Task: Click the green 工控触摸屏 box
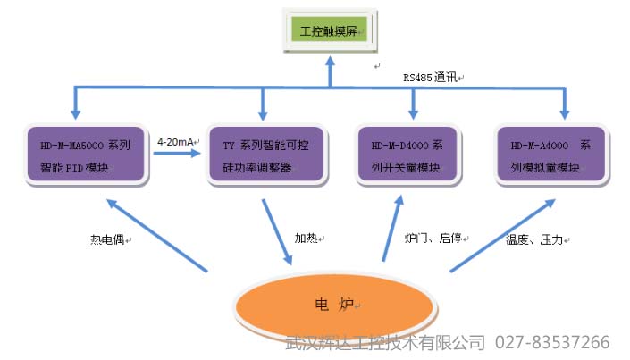click(x=330, y=31)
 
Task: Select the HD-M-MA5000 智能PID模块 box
click(x=86, y=155)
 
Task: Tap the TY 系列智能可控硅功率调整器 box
click(x=264, y=155)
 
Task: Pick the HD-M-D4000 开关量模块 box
click(x=412, y=155)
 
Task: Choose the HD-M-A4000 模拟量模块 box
click(x=552, y=155)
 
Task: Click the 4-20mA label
click(x=176, y=141)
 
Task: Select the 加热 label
click(x=308, y=239)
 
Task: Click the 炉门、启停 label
click(x=433, y=239)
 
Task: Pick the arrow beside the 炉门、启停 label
click(x=391, y=229)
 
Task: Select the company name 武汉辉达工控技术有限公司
click(x=385, y=342)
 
